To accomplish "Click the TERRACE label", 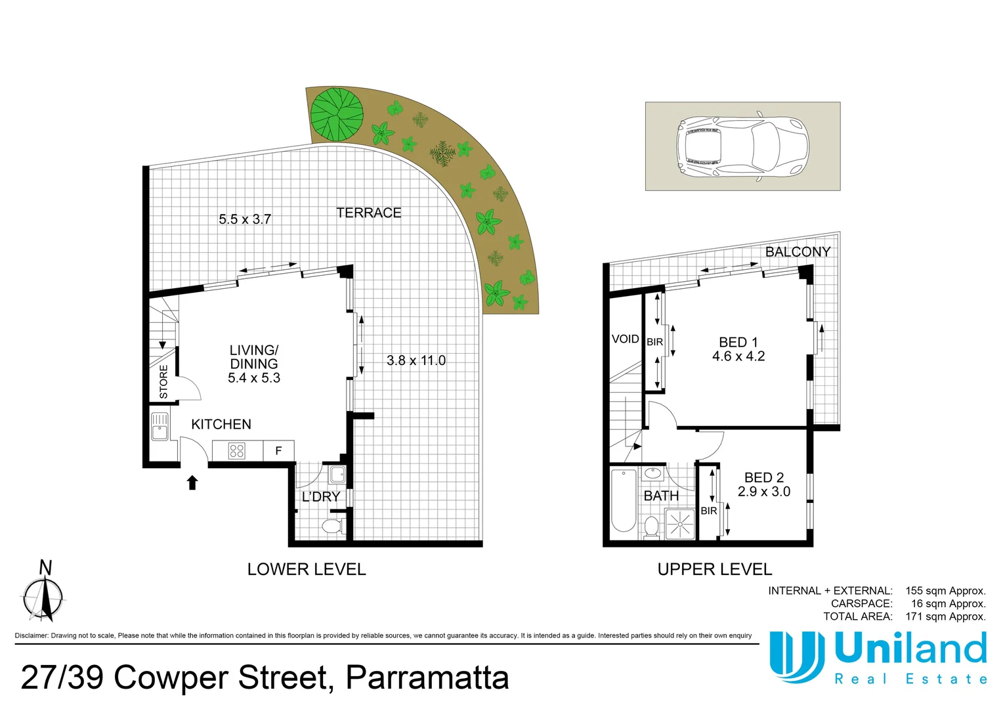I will (x=368, y=213).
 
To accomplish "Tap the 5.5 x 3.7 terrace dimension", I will (x=245, y=219).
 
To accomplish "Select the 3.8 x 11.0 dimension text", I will (x=416, y=360).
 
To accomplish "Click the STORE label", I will (x=163, y=381).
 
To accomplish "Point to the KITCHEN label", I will (x=221, y=425).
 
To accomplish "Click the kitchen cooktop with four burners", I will (x=237, y=450).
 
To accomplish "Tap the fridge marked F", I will (x=278, y=450).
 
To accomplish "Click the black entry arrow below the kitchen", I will (x=192, y=483).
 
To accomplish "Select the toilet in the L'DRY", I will (x=332, y=526).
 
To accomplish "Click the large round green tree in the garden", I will (x=337, y=114).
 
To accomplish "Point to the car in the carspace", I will (x=742, y=146).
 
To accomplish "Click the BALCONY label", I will (x=798, y=252).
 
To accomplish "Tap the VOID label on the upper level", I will (x=625, y=339).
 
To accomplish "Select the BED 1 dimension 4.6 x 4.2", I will (x=738, y=356).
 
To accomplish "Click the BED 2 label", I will (x=763, y=478).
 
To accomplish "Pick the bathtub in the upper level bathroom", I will (x=624, y=501).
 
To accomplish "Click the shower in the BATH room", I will (x=680, y=524).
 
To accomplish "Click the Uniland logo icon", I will (x=797, y=656).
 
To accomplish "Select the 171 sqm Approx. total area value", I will (x=945, y=616).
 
